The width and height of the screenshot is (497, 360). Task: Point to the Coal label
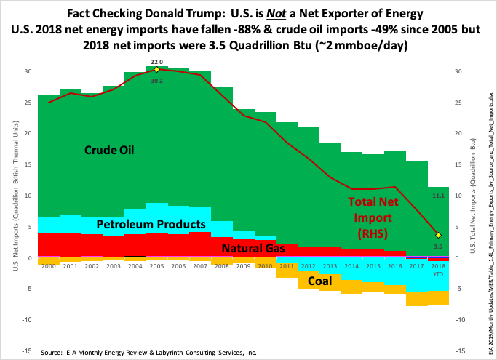tap(345, 280)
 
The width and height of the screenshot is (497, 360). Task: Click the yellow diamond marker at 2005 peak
tap(157, 70)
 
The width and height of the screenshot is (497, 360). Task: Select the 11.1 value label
tap(438, 196)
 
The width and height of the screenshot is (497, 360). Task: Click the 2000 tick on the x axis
tap(48, 266)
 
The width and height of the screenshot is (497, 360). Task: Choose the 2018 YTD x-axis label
tap(438, 269)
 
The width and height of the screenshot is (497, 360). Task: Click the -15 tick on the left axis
tap(27, 331)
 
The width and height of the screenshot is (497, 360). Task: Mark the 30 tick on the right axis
tap(457, 71)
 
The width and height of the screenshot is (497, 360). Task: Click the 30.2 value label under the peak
tap(157, 80)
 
